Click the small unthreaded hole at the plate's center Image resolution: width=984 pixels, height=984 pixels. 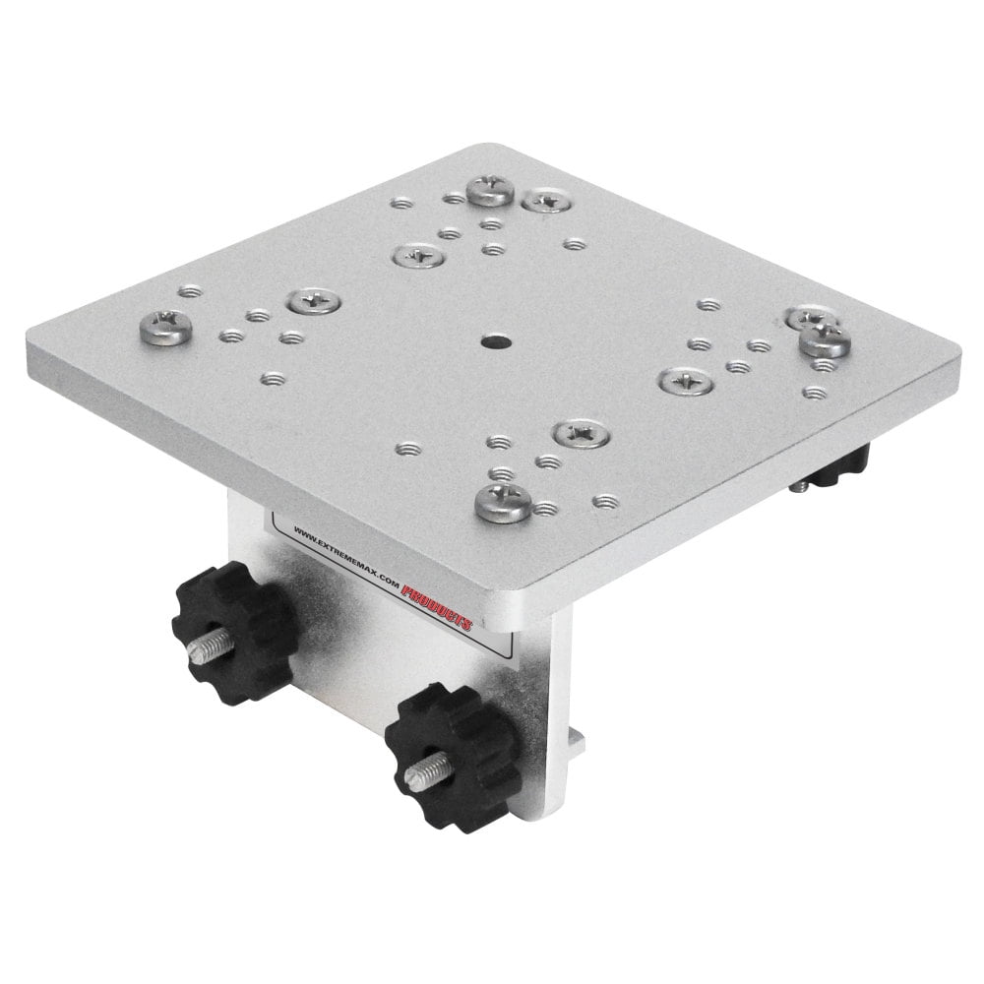coord(489,343)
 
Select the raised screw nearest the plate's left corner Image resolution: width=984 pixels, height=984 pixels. coord(166,325)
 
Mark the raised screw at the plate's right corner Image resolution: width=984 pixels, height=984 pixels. coord(822,340)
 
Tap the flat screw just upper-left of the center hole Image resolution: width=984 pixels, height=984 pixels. coord(417,256)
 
